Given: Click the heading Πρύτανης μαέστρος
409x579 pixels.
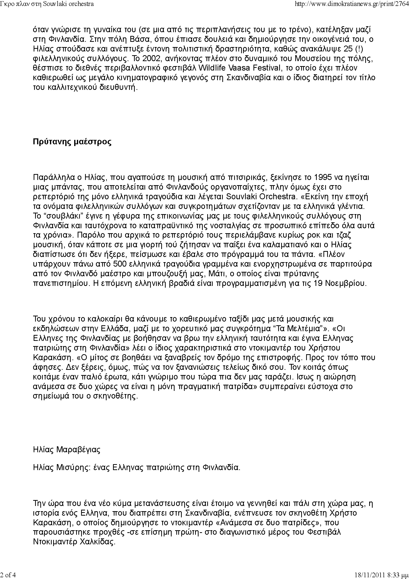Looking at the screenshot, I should tap(72, 142).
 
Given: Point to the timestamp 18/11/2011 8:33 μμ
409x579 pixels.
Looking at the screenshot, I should tap(381, 575).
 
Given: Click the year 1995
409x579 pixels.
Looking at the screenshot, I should tap(322, 177).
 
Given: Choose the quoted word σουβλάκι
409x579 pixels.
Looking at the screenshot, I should tap(59, 216).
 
